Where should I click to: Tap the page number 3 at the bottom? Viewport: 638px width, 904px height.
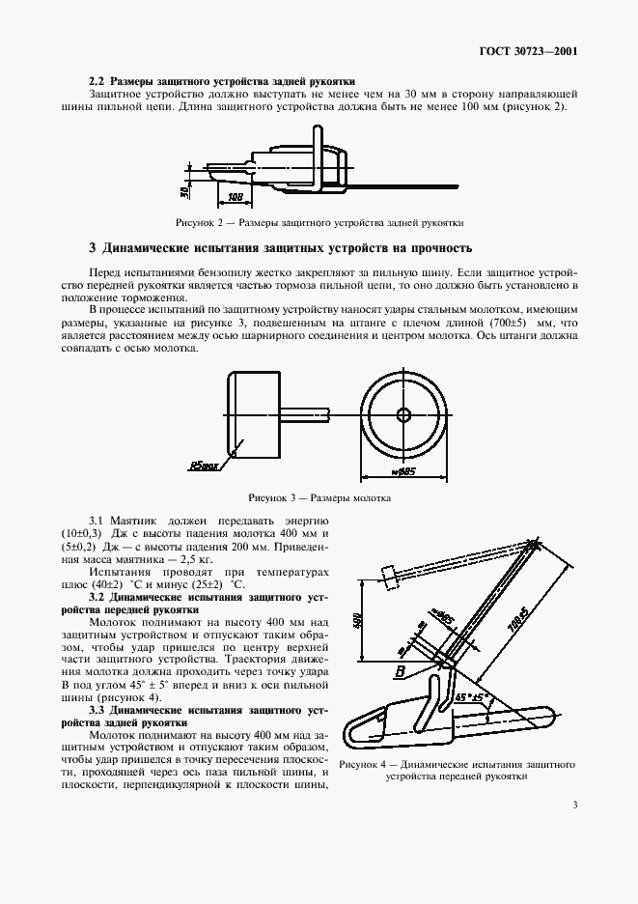pyautogui.click(x=574, y=805)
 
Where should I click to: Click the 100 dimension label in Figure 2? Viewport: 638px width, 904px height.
pyautogui.click(x=235, y=196)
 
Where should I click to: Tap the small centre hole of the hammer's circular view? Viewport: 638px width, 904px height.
pyautogui.click(x=403, y=415)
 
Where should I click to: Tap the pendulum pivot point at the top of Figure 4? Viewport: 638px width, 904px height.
pyautogui.click(x=533, y=547)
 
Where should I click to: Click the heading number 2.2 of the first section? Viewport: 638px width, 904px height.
pyautogui.click(x=97, y=80)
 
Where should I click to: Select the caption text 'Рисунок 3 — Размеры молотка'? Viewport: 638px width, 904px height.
pyautogui.click(x=319, y=499)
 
